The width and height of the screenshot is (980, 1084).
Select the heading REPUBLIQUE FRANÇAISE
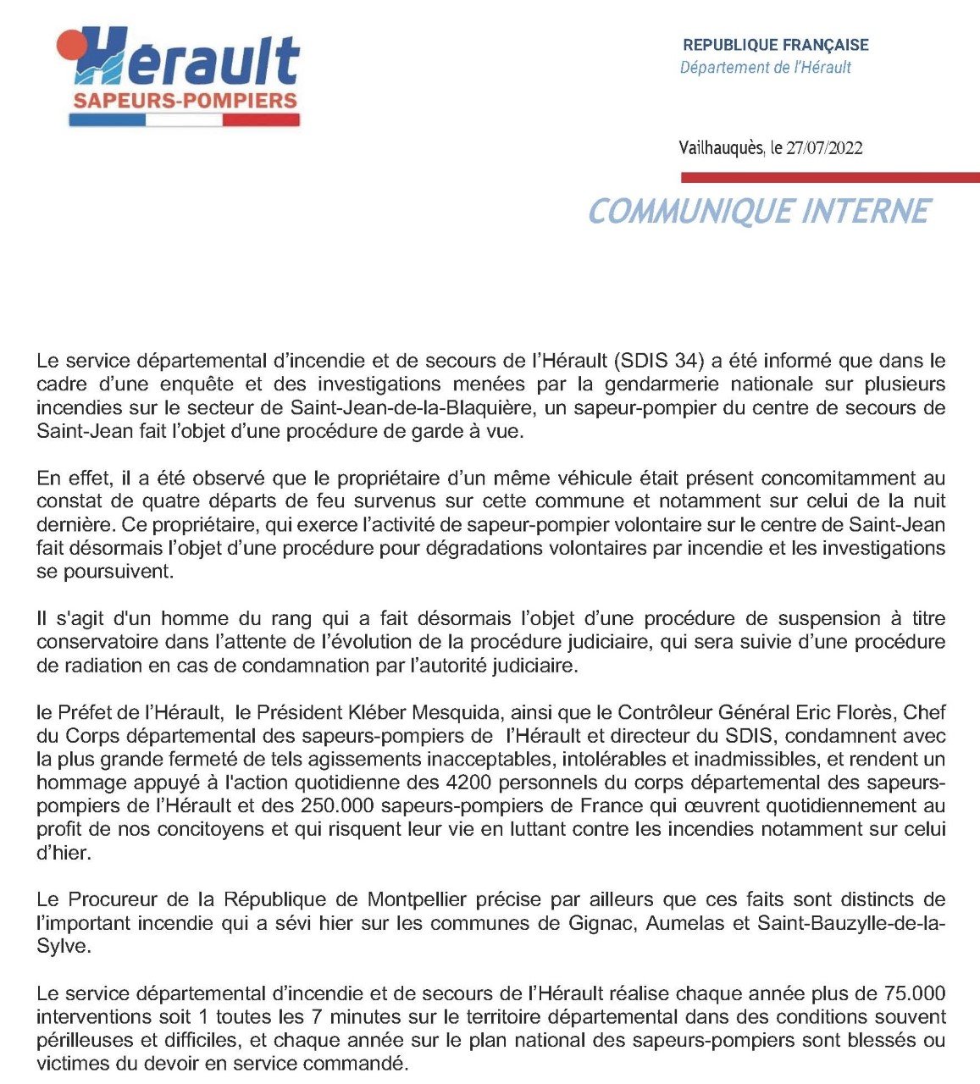776,45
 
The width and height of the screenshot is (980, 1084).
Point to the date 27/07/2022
824,148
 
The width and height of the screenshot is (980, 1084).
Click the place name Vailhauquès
722,148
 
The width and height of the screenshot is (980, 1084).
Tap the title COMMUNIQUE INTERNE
759,211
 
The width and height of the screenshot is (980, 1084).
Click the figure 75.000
914,993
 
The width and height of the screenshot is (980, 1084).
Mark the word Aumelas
685,922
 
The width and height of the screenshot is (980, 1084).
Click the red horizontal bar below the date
830,177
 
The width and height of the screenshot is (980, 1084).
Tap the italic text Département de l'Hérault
765,67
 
